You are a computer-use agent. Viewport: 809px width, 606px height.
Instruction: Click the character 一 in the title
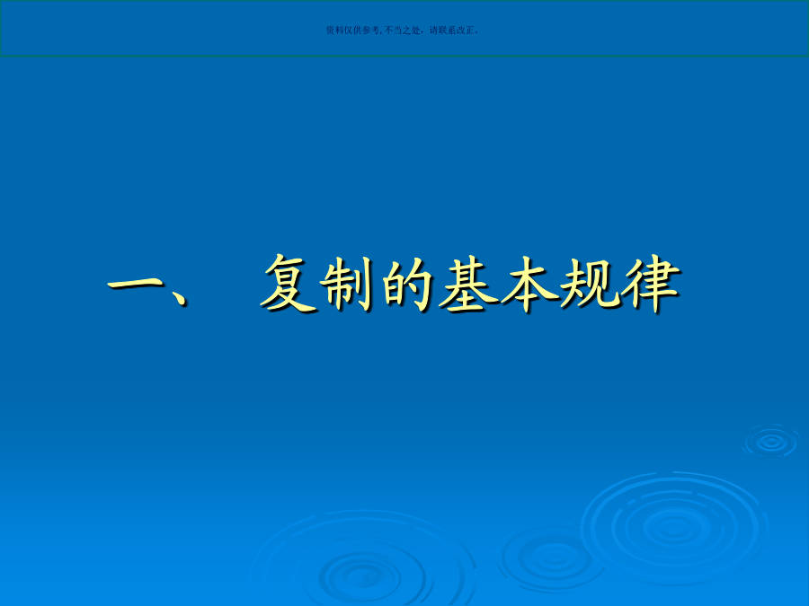click(x=136, y=284)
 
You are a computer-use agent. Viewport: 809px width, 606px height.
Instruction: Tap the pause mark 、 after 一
click(x=179, y=298)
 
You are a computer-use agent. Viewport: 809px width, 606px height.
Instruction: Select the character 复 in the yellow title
click(x=288, y=284)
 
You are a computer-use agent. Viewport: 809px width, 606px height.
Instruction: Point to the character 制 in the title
click(x=346, y=285)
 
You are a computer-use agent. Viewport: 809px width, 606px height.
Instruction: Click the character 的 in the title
click(x=407, y=284)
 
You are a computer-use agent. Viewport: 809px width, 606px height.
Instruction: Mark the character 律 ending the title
click(x=651, y=284)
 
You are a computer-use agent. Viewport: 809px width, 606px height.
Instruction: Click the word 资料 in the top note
click(x=335, y=31)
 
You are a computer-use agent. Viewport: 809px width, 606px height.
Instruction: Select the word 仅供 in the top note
click(x=352, y=31)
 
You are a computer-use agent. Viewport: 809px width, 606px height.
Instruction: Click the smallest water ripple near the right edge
click(x=771, y=441)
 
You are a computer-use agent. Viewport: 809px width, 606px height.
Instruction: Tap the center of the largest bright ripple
click(x=674, y=527)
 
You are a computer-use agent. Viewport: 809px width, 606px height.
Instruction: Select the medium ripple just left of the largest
click(x=553, y=557)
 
